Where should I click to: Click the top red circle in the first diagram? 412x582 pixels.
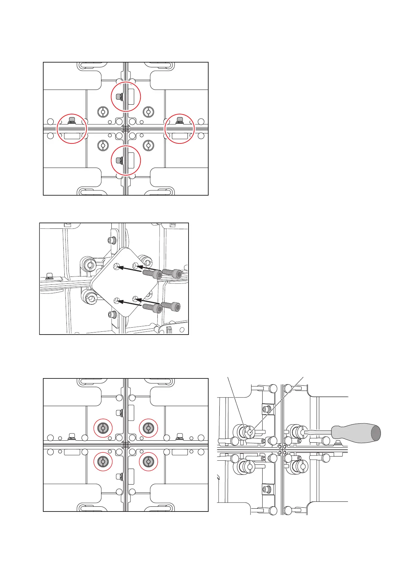point(126,96)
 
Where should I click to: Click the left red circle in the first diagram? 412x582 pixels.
point(72,129)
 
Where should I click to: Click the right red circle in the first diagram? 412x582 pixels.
point(180,129)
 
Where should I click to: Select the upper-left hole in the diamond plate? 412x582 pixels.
point(117,266)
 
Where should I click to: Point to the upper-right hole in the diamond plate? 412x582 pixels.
point(137,265)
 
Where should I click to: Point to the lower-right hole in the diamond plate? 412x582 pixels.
point(136,298)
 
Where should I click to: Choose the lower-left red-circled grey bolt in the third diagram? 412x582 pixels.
point(103,461)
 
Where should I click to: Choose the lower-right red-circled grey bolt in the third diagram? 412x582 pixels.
point(148,461)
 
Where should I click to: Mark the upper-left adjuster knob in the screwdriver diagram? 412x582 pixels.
point(247,432)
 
